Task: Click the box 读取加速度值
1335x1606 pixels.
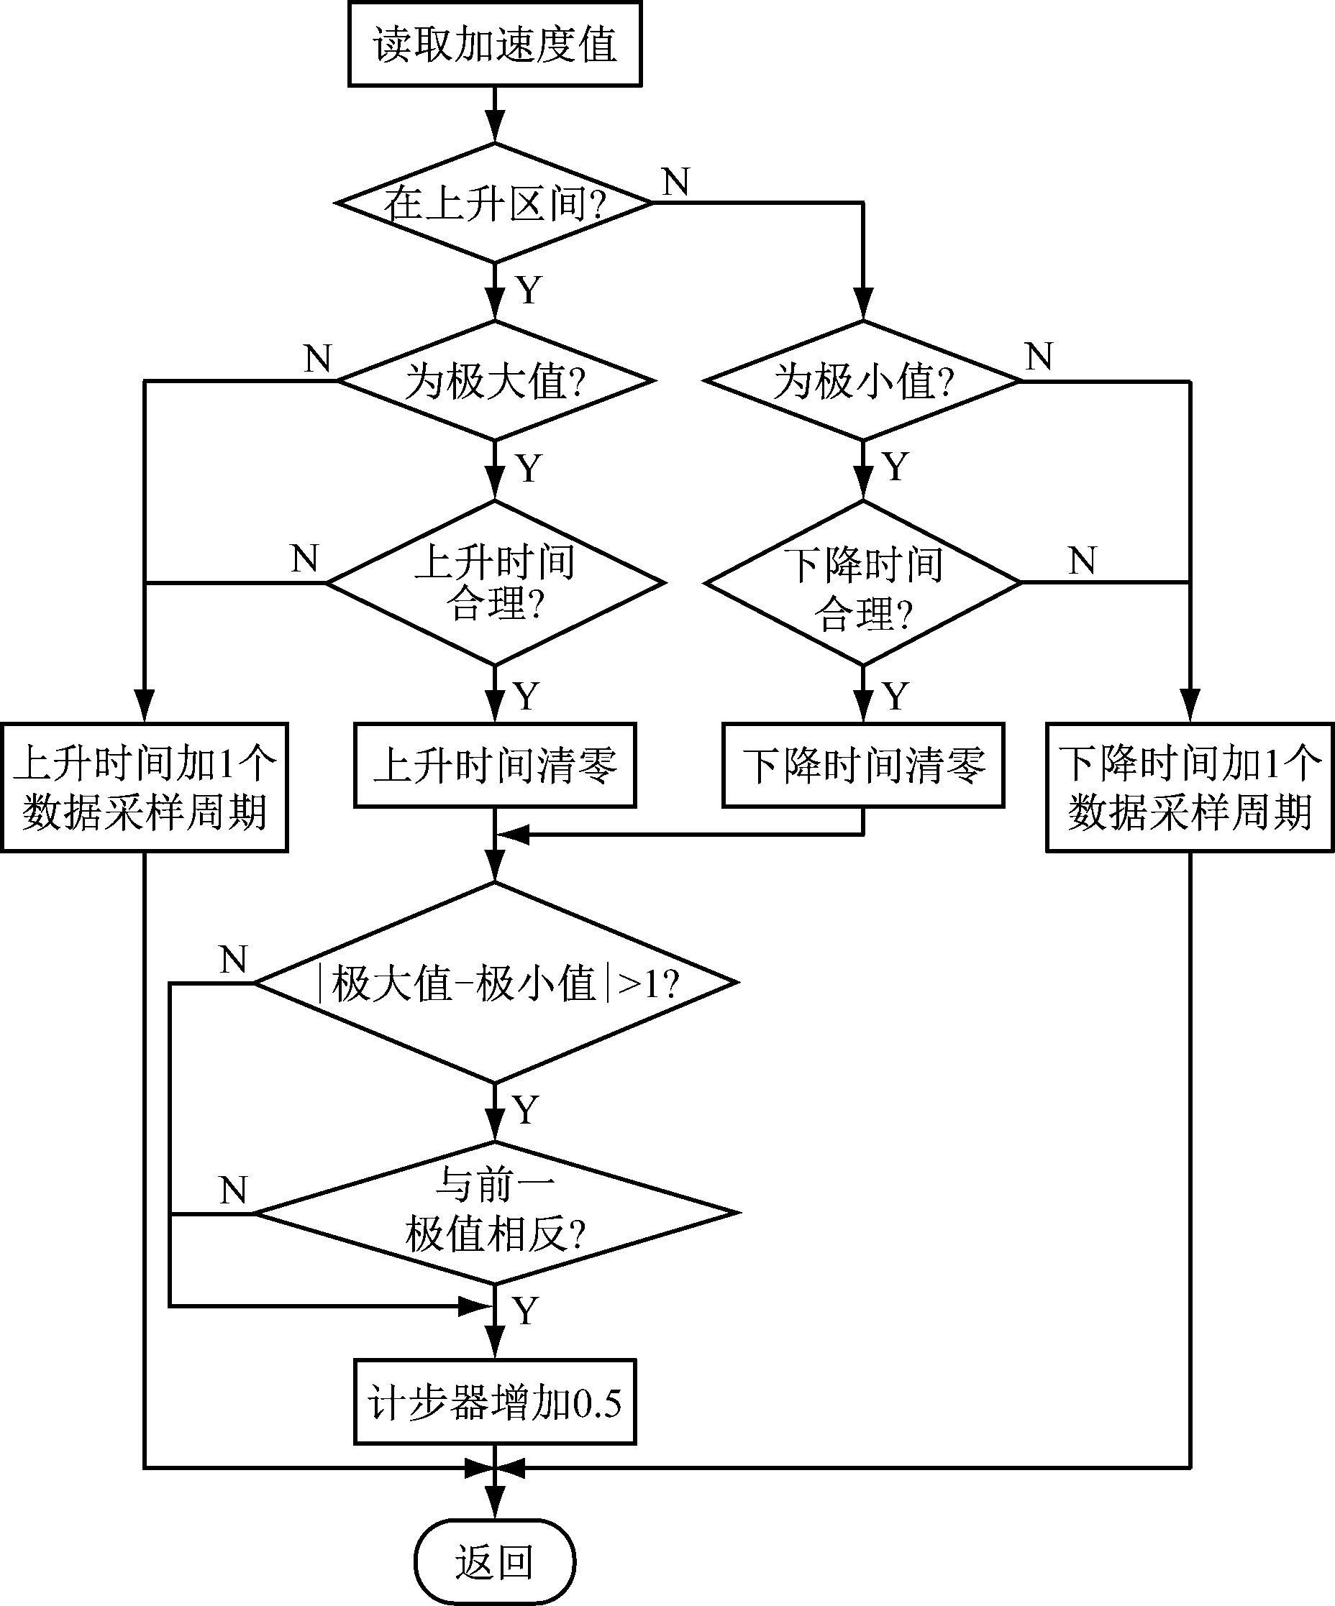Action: click(494, 45)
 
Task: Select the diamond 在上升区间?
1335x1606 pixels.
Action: click(494, 203)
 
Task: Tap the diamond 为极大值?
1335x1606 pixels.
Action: click(494, 381)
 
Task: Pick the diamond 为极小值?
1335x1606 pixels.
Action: click(863, 381)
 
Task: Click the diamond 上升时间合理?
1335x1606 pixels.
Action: click(494, 583)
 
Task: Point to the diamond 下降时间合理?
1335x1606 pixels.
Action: click(863, 583)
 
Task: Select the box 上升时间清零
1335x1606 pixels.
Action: click(494, 765)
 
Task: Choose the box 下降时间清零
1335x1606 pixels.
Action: click(863, 765)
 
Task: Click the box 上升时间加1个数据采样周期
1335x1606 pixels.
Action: click(144, 787)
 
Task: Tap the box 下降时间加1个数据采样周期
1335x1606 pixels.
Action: click(1190, 787)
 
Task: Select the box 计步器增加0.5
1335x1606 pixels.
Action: click(494, 1402)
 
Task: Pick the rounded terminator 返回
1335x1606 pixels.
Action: click(494, 1561)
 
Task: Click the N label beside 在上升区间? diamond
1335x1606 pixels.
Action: click(676, 182)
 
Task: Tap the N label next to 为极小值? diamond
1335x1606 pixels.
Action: click(1039, 357)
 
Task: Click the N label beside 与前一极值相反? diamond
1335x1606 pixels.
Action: click(233, 1190)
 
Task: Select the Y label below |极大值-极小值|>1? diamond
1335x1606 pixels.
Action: click(526, 1110)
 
